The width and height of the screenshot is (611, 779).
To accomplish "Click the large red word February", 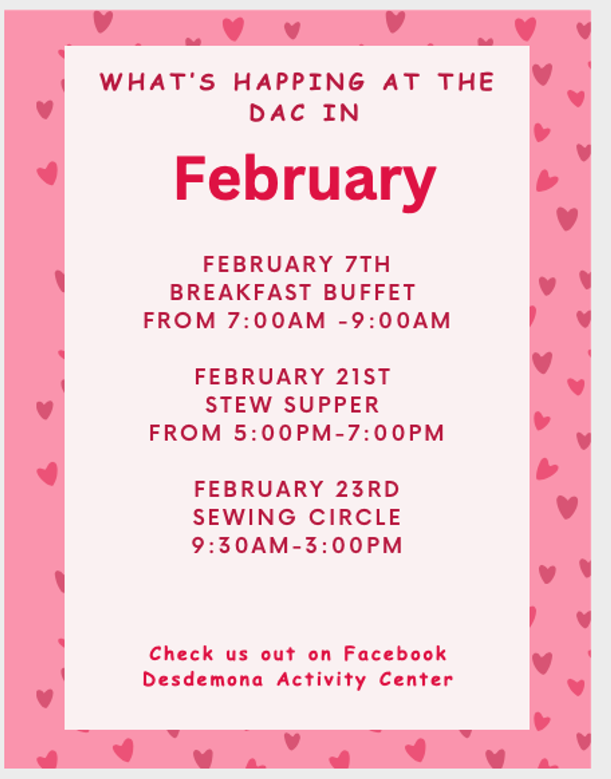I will pos(305,179).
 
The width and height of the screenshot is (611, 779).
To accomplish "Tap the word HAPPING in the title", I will pos(300,82).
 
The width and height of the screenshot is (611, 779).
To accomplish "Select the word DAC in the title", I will pos(278,113).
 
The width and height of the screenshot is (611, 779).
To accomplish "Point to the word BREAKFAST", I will pos(241,293).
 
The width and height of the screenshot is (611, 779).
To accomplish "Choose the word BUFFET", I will pos(370,293).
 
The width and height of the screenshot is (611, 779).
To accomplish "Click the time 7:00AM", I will pos(277,321).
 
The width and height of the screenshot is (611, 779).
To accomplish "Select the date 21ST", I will pos(363,377).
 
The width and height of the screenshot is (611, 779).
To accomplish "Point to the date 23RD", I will pos(368,489).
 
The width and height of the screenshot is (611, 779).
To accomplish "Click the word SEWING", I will pos(244,518).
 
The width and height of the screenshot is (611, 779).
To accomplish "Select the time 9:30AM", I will pos(241,546).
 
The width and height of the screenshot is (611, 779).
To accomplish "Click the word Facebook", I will pos(395,654).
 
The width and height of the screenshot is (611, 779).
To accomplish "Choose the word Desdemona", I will pos(203,679).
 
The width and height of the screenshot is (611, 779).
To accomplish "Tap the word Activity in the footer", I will pos(322,679).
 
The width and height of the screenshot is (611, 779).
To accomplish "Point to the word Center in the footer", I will pos(416,679).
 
